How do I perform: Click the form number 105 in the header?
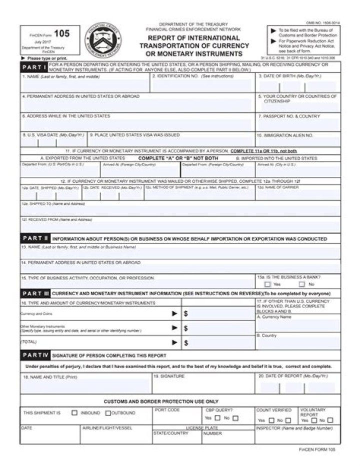tap(62, 34)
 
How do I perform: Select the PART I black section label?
tap(34, 67)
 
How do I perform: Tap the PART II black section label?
tap(34, 239)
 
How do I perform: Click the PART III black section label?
tap(34, 293)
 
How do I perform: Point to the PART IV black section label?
tap(34, 355)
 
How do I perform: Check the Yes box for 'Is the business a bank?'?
tap(267, 284)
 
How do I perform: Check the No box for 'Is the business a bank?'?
tap(302, 284)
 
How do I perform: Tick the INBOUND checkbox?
tap(74, 413)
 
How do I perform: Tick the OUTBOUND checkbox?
tap(107, 413)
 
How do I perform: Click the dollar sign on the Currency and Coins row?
tap(185, 314)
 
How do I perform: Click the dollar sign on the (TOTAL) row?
tap(185, 343)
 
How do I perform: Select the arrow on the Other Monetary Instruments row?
tap(174, 328)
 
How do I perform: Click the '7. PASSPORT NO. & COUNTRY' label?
tap(289, 116)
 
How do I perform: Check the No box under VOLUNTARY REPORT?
tap(329, 421)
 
